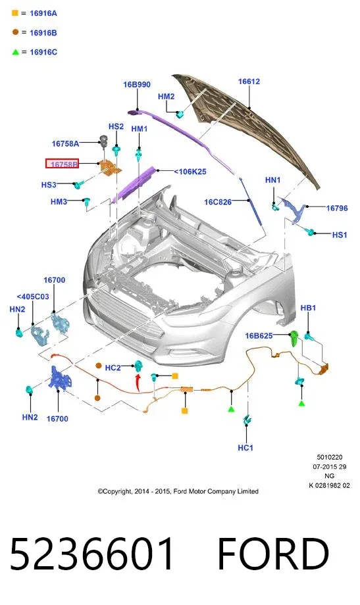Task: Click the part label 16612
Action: point(249,82)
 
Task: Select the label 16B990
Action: point(137,84)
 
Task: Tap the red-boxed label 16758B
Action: point(62,164)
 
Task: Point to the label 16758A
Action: point(65,143)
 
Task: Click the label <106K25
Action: point(190,172)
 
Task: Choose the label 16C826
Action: point(218,202)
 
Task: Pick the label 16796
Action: point(337,208)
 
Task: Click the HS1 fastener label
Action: point(340,235)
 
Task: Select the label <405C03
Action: point(33,297)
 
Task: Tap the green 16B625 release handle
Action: point(294,338)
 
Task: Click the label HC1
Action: point(245,448)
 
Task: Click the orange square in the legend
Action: point(15,13)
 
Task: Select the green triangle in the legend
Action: point(15,52)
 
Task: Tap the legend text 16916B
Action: point(43,33)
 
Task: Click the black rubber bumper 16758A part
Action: point(103,141)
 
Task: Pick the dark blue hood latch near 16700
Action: point(59,379)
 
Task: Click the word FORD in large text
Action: point(274,554)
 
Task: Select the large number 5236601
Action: point(91,554)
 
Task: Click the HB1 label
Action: point(308,308)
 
